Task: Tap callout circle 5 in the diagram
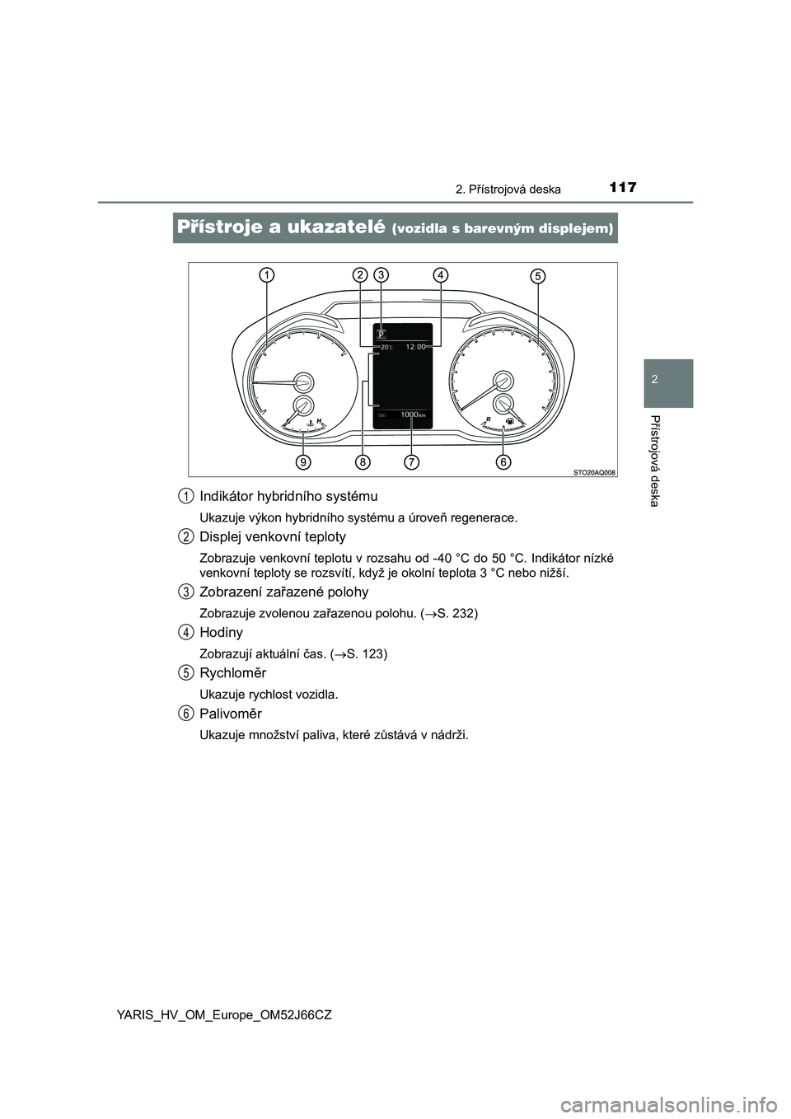tap(537, 276)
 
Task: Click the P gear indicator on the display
tap(381, 335)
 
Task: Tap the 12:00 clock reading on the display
tap(416, 348)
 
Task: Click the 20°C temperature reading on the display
tap(386, 348)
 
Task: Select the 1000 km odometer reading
tap(412, 415)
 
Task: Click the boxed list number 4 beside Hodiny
tap(187, 632)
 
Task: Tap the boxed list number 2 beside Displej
tap(187, 536)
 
